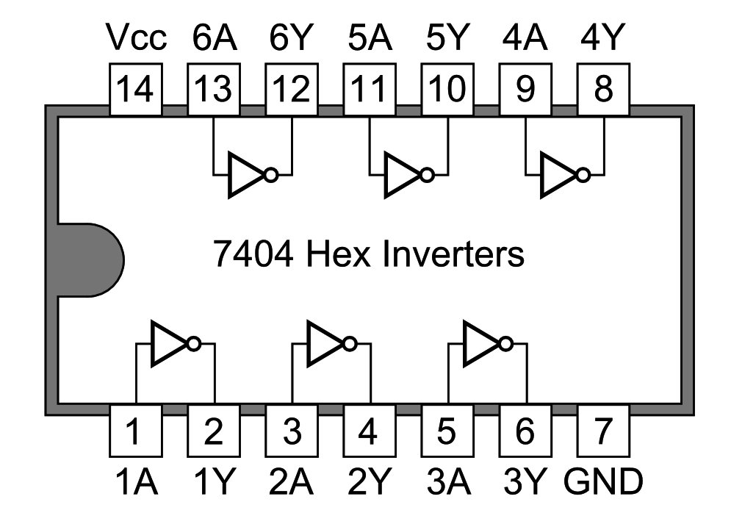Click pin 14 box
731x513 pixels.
[x=135, y=90]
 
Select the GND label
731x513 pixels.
[x=603, y=482]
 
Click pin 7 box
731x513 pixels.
[x=603, y=430]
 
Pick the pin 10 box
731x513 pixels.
[x=447, y=90]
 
